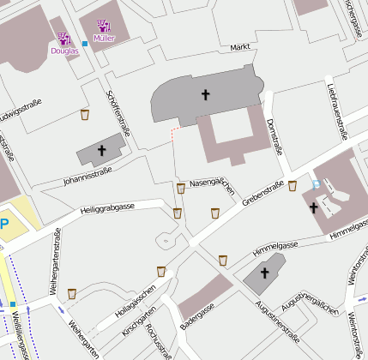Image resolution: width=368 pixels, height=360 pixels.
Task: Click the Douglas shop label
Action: click(64, 51)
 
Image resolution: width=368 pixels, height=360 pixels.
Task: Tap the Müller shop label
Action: click(104, 39)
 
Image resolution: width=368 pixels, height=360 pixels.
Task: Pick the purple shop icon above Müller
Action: click(104, 26)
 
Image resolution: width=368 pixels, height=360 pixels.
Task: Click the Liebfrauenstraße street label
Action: click(336, 110)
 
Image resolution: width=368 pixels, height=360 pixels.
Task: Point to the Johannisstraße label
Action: click(87, 176)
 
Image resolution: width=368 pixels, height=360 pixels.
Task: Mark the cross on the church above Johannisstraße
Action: click(101, 151)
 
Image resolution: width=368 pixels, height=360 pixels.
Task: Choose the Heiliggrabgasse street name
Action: click(106, 208)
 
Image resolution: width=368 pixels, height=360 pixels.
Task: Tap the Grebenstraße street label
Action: click(262, 194)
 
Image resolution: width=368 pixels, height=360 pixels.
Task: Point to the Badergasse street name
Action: click(198, 317)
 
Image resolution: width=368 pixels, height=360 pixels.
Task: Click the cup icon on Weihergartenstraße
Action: click(72, 292)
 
